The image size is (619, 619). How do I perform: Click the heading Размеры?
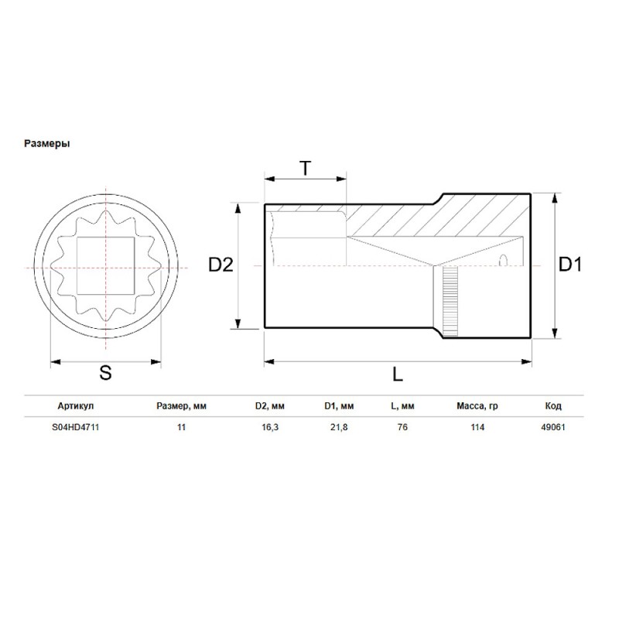point(48,143)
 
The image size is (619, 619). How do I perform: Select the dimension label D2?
point(221,265)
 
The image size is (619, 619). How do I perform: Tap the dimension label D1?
point(571,265)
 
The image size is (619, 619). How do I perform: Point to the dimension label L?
point(397,374)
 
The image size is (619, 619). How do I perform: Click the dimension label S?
point(105,373)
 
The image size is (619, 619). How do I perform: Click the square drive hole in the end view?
point(106,265)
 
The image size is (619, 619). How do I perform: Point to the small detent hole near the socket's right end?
point(504,259)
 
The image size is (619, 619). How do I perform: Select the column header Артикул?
point(76,406)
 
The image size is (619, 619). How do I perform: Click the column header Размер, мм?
point(182,406)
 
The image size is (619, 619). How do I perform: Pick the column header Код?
point(553,406)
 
